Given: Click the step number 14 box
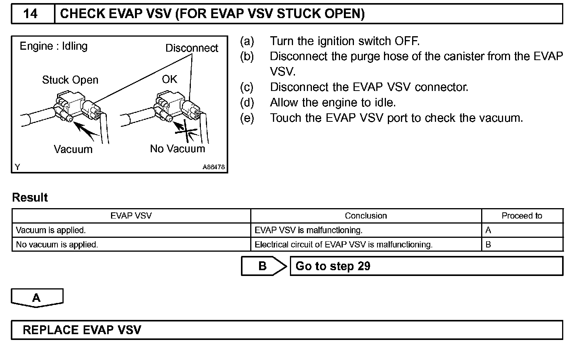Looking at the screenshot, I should click(31, 14).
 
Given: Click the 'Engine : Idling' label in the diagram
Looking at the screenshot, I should click(54, 46).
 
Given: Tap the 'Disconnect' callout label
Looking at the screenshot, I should click(192, 48).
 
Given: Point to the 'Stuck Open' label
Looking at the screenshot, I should click(70, 80).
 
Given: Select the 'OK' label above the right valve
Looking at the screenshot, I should click(169, 79).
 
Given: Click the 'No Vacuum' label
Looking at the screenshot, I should click(177, 149).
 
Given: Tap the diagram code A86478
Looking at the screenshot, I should click(214, 167).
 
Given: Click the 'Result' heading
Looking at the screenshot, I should click(30, 198).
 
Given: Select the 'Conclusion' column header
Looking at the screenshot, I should click(365, 216).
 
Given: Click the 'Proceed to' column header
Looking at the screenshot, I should click(522, 216).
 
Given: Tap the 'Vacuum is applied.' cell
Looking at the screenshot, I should click(51, 230).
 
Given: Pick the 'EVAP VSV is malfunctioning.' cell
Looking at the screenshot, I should click(308, 230).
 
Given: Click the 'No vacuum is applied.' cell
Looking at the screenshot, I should click(57, 245).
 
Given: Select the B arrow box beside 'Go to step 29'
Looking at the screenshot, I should click(264, 266).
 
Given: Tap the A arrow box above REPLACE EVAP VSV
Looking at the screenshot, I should click(37, 298).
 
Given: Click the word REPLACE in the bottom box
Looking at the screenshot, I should click(51, 330).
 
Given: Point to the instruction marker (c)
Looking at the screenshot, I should click(247, 87).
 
